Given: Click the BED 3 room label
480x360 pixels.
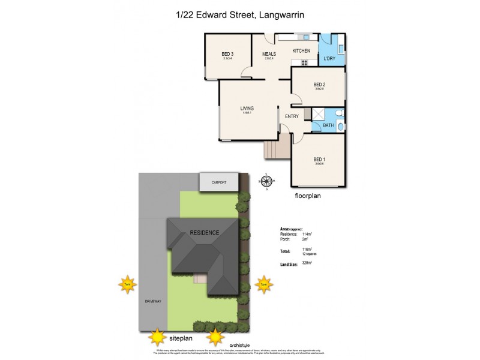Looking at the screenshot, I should coord(227,54).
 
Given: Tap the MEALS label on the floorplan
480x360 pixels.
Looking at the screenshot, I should coord(268,54).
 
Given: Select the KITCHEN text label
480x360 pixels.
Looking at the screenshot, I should coord(301,51).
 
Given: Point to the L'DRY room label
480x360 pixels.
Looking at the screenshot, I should coord(329,58).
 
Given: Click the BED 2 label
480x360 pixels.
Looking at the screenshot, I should coord(319,85).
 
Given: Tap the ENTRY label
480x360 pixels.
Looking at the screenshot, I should coord(292,116).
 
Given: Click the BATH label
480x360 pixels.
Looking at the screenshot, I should coord(328,125).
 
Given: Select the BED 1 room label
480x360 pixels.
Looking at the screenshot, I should coord(319,159).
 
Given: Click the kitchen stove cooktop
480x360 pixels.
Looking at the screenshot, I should coord(304,62).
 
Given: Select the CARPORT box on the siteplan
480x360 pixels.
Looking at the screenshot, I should coord(219,182).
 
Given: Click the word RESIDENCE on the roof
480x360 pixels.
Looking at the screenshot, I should coord(205,232).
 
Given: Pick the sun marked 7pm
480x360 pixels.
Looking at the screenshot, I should coord(263,284).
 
